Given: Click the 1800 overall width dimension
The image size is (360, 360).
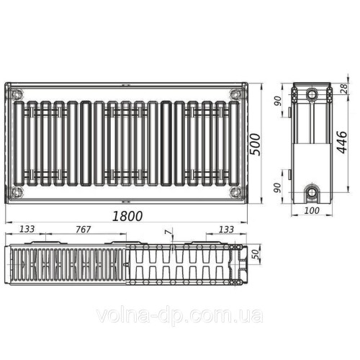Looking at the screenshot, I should coord(127,215).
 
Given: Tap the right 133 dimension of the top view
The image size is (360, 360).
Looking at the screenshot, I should coord(225,230).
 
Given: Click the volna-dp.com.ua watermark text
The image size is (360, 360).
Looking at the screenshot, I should coord(180,315).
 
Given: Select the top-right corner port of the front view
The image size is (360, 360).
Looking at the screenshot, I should coord(235,93).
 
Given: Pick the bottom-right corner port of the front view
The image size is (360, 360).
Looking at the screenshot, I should coord(235,192).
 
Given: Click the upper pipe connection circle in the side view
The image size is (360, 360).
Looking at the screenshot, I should coord(312,94).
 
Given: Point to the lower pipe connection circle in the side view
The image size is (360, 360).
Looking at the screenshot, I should coord(312,192).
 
